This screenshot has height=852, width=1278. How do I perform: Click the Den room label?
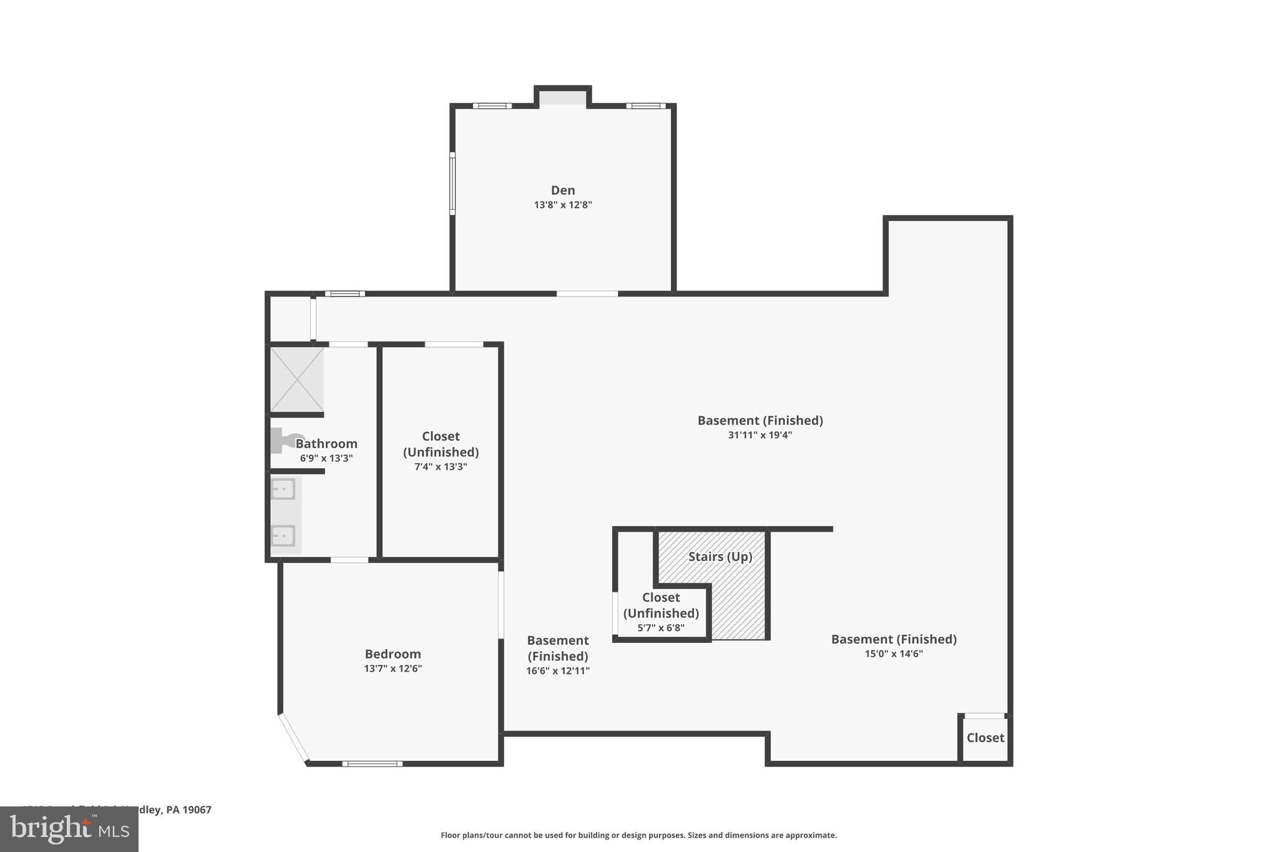click(x=563, y=190)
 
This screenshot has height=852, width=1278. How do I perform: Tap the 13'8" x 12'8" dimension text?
click(x=563, y=205)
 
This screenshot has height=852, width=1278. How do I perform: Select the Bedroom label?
click(x=393, y=654)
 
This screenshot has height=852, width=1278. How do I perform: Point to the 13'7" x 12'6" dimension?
click(x=393, y=668)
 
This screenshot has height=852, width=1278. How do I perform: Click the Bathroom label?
click(x=326, y=444)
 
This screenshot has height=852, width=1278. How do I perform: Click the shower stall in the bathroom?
click(x=297, y=379)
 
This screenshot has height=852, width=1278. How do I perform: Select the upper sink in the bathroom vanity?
click(x=283, y=489)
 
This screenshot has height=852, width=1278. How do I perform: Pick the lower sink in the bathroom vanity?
click(x=283, y=536)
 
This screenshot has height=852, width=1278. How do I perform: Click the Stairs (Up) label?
click(x=720, y=557)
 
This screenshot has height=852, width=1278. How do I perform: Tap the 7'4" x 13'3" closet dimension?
click(x=441, y=467)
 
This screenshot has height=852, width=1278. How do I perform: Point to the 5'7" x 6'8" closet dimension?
click(x=661, y=628)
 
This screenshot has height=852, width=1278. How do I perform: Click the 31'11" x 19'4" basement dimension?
click(x=759, y=435)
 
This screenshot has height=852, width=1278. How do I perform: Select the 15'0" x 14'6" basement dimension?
click(x=894, y=654)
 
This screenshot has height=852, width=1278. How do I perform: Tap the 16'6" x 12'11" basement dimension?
click(x=557, y=671)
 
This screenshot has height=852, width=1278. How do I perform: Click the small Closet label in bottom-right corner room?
click(x=985, y=738)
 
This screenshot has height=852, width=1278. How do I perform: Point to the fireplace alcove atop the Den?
click(x=563, y=97)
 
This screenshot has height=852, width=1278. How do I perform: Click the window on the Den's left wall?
click(x=452, y=184)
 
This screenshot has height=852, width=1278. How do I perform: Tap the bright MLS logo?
click(x=69, y=829)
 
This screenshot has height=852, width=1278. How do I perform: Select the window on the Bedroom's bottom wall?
click(x=372, y=763)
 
